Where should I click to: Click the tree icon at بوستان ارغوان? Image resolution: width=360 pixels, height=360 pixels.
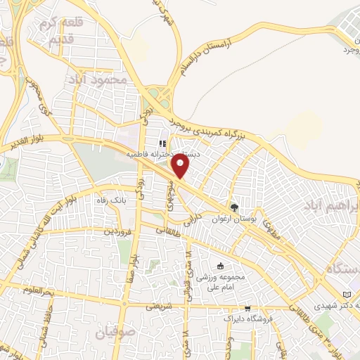234,207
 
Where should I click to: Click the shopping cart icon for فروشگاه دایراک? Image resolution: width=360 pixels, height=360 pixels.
247,308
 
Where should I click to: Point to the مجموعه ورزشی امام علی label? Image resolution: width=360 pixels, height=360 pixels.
221,281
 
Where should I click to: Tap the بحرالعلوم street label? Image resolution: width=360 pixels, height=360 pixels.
37,289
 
